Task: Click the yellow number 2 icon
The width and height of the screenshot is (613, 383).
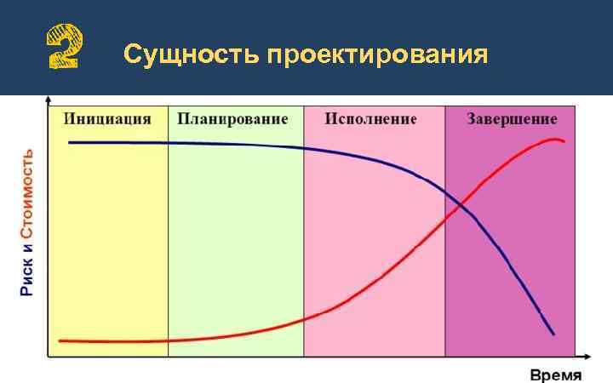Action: click(64, 47)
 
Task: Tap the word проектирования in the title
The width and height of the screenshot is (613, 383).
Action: click(377, 56)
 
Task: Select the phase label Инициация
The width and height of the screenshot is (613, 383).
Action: click(107, 119)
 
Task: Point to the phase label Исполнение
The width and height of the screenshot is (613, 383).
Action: click(370, 119)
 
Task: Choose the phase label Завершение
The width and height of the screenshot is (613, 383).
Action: click(512, 119)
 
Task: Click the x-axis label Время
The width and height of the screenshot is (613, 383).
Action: click(556, 374)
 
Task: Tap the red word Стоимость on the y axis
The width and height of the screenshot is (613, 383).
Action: click(28, 193)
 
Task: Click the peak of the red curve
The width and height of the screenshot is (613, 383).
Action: click(554, 139)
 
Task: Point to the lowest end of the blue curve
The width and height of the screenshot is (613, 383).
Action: click(553, 334)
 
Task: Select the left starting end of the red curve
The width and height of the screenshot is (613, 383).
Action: click(60, 340)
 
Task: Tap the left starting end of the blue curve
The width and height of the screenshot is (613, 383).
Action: click(70, 142)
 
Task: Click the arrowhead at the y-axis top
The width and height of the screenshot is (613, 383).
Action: click(47, 99)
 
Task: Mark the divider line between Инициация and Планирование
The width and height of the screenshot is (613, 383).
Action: click(169, 230)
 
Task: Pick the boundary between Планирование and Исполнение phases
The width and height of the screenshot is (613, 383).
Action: click(304, 230)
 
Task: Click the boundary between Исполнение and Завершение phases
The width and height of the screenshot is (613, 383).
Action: click(445, 230)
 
